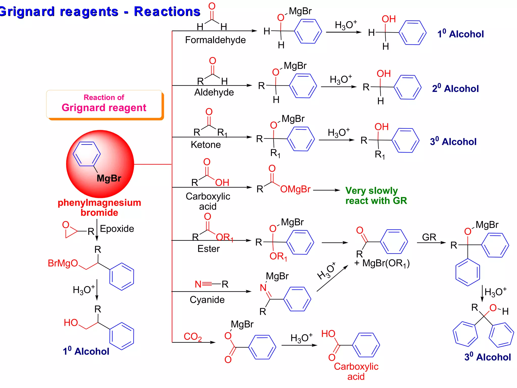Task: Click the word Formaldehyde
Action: point(215,40)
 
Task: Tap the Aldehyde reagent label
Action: point(214,92)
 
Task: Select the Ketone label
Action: point(205,145)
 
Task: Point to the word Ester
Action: point(208,249)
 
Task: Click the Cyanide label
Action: point(207,300)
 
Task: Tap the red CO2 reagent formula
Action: point(192,337)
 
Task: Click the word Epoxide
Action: point(117,229)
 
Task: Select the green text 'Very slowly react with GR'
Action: point(376,196)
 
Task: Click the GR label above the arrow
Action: point(429,237)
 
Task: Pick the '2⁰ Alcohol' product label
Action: point(455,89)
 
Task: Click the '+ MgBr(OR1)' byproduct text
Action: point(382,263)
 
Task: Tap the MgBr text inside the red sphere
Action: point(109,178)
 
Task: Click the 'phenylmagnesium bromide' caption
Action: point(99,207)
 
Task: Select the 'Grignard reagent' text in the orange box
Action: point(104,108)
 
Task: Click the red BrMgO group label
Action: point(63,263)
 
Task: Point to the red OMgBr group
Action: point(295,189)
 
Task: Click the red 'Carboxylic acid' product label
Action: point(356,371)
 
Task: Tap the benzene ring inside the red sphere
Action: point(86,154)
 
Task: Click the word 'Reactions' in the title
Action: point(167,12)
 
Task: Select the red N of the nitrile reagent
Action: point(198,284)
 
